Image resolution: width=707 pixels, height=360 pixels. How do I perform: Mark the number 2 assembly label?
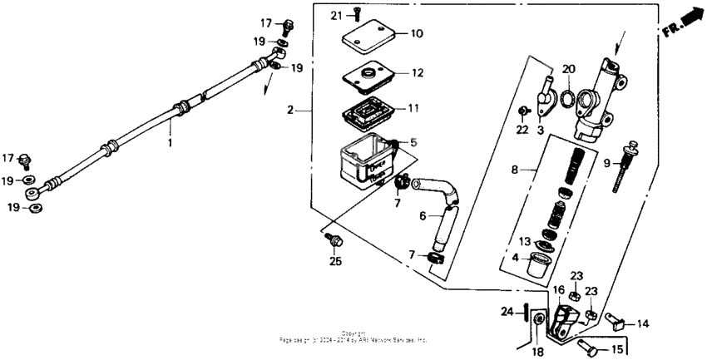290,111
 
